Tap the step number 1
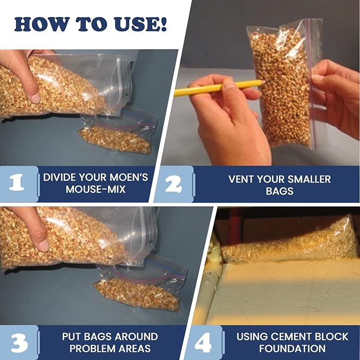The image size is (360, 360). pyautogui.click(x=16, y=183)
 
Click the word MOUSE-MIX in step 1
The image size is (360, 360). pyautogui.click(x=95, y=189)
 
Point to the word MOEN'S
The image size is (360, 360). pyautogui.click(x=129, y=177)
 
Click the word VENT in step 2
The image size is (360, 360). pyautogui.click(x=241, y=179)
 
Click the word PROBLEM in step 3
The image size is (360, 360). pyautogui.click(x=94, y=348)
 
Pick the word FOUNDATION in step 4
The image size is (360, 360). pyautogui.click(x=292, y=348)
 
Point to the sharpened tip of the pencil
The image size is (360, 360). pyautogui.click(x=265, y=82)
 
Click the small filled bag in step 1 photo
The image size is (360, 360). pyautogui.click(x=115, y=139)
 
